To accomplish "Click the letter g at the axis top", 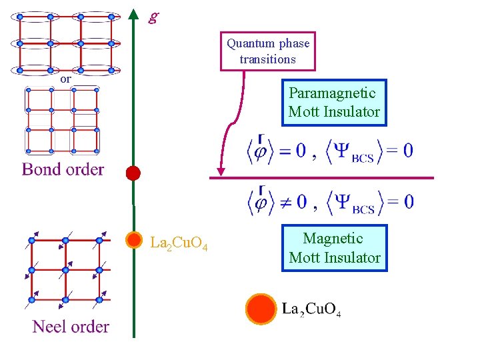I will [153, 17].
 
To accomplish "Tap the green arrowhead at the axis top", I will [134, 14].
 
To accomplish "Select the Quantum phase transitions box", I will [268, 51].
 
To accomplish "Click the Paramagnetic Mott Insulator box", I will [334, 103].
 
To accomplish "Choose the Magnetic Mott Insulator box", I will [335, 248].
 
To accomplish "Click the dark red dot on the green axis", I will [133, 173].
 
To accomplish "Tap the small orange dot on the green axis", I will [134, 239].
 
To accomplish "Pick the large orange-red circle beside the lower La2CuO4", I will [260, 308].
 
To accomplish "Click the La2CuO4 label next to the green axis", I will [179, 243].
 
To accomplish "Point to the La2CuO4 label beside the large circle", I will [311, 309].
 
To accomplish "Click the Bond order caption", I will [63, 169].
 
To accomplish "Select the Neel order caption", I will [71, 327].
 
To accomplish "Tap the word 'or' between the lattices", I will [65, 79].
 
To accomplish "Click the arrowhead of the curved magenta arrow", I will [221, 172].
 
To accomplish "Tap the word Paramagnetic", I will [332, 93].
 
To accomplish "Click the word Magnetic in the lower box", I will [333, 239].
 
